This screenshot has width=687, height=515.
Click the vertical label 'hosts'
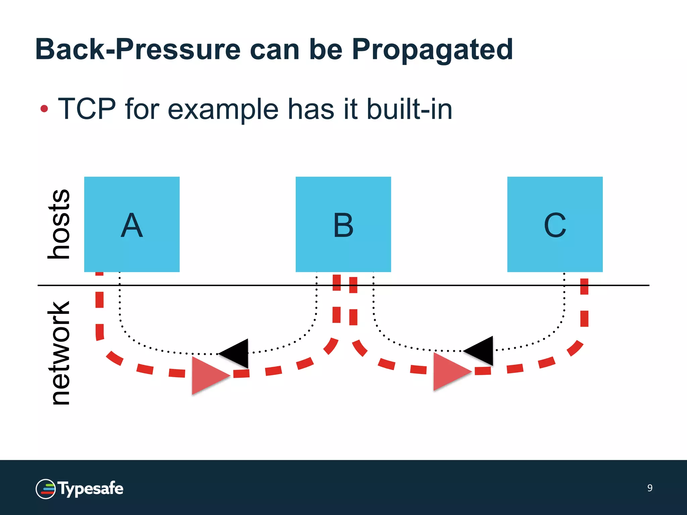(x=59, y=224)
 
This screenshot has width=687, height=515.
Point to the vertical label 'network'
(x=59, y=353)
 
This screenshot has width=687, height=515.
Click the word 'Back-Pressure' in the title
(x=138, y=50)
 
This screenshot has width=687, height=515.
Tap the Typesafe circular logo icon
(x=46, y=489)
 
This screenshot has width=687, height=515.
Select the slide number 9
(x=650, y=488)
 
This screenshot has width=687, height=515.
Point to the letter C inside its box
(x=555, y=225)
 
